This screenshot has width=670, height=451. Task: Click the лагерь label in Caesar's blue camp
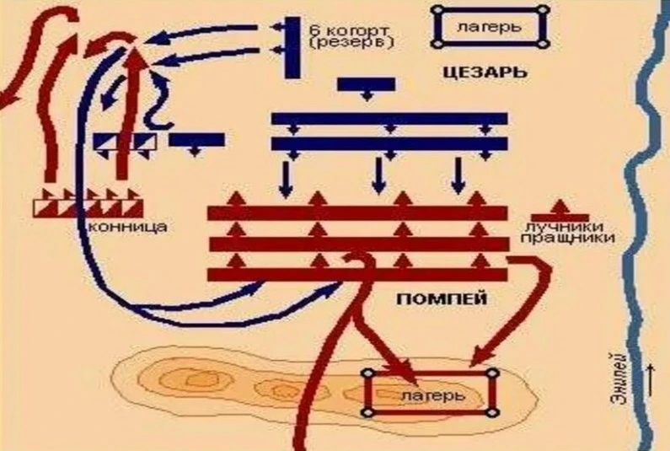pyautogui.click(x=490, y=26)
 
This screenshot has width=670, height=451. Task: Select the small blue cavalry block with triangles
pyautogui.click(x=125, y=141)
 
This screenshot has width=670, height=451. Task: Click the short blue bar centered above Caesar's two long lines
pyautogui.click(x=365, y=83)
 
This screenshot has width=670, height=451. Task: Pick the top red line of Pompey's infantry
pyautogui.click(x=357, y=212)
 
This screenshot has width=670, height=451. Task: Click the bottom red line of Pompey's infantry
pyautogui.click(x=357, y=275)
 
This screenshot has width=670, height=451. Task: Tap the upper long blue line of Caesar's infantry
pyautogui.click(x=389, y=119)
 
